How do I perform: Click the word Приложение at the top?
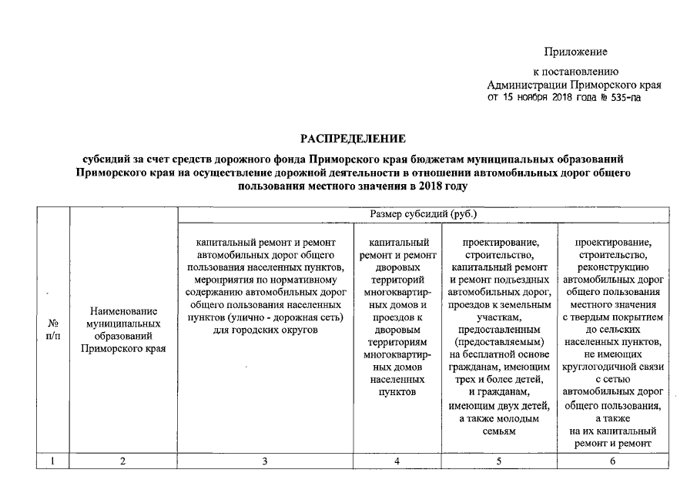point(575,52)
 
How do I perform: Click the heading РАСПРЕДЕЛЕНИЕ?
point(353,139)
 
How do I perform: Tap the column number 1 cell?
point(53,461)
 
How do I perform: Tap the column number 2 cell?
point(122,461)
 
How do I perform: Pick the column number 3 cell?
point(265,461)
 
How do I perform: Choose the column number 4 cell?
point(397,461)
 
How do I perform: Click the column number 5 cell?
point(498,461)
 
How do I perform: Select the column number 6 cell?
point(613,461)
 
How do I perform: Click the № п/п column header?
point(53,330)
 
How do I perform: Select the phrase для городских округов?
point(264,330)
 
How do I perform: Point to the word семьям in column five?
point(498,431)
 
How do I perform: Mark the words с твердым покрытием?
point(613,317)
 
